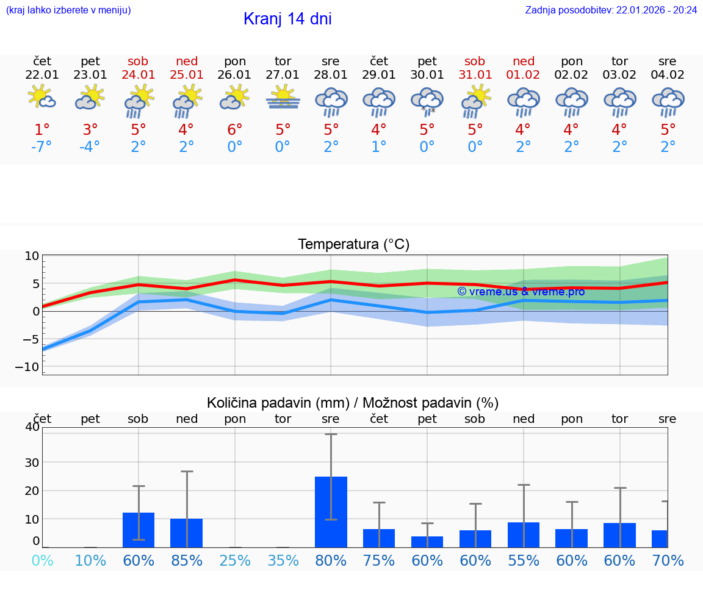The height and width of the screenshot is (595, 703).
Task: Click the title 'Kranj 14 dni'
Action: click(287, 19)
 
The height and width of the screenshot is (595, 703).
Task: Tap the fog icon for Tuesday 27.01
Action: click(283, 99)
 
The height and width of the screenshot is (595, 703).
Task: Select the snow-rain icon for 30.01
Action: click(427, 101)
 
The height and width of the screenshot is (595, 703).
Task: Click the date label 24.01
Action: click(139, 75)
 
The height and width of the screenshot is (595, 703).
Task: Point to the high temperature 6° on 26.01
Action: click(235, 129)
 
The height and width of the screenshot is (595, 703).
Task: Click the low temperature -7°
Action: click(42, 146)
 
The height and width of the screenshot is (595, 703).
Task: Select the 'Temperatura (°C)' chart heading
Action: click(353, 245)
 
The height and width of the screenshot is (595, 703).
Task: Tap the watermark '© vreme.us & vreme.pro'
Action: click(521, 292)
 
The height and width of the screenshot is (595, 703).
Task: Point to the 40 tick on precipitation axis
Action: click(32, 427)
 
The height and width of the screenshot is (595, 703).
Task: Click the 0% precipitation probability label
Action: click(42, 560)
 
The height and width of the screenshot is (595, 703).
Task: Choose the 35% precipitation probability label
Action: click(283, 560)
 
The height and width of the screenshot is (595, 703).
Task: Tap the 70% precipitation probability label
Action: click(668, 560)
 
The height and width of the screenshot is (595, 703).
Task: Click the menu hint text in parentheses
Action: click(68, 10)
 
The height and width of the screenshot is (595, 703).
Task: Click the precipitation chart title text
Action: click(353, 403)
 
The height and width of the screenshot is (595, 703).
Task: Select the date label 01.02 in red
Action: click(523, 75)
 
